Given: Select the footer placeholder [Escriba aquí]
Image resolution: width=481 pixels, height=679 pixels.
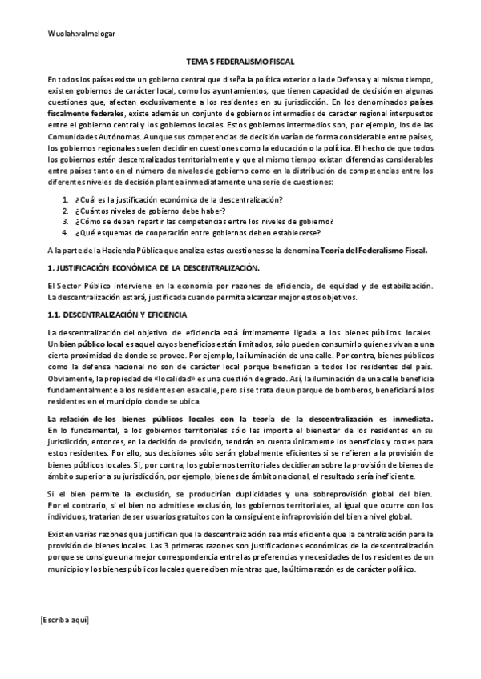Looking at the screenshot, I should [x=65, y=620].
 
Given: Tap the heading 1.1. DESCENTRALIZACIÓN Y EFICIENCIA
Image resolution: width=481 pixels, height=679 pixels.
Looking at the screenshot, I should [x=117, y=316].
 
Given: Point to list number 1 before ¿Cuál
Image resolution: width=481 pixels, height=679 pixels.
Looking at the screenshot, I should [x=65, y=199].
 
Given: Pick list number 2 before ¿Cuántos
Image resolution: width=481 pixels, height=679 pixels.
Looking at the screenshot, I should [x=65, y=210].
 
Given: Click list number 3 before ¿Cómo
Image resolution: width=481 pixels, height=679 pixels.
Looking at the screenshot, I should [x=65, y=221].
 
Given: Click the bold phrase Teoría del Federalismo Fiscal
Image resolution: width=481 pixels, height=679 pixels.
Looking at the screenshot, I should [x=374, y=250].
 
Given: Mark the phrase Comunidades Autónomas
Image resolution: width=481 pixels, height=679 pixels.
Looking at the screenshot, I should [x=86, y=138].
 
